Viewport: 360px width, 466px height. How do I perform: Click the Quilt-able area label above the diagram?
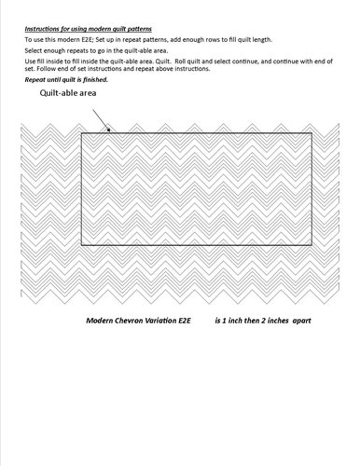click(x=69, y=94)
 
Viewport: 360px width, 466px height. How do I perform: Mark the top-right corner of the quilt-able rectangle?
click(x=312, y=133)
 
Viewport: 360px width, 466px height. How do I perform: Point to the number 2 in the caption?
click(x=260, y=320)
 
